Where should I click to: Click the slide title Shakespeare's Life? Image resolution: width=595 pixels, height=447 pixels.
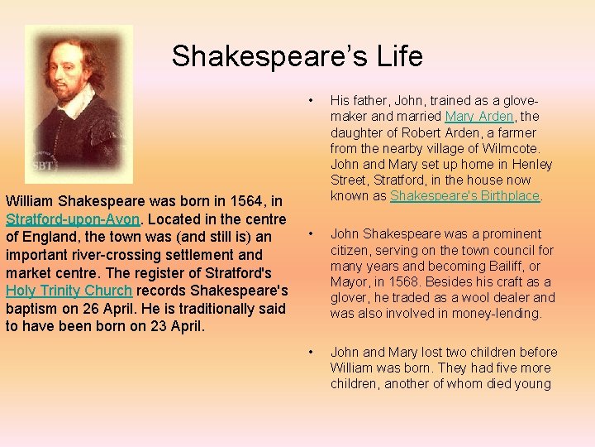point(297,56)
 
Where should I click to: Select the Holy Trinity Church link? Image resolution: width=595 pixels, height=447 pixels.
point(69,291)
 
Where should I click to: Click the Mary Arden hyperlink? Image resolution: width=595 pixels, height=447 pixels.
point(479,117)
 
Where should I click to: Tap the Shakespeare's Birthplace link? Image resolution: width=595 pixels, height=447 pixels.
point(464,196)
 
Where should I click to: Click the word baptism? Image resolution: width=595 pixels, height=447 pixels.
point(32,308)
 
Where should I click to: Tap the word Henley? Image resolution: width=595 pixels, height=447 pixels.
point(531,165)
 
